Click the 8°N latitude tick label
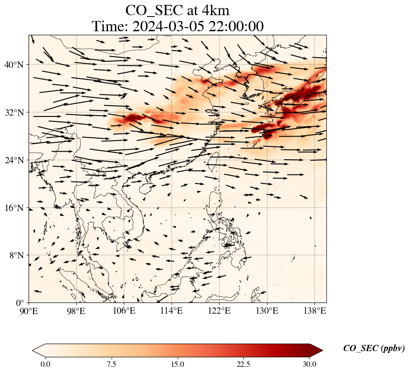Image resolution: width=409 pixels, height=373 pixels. pos(16,255)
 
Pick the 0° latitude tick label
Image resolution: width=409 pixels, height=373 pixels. pos(20,303)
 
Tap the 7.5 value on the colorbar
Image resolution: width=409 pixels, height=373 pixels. pos(111,364)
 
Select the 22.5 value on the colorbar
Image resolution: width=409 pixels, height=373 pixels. pos(243,364)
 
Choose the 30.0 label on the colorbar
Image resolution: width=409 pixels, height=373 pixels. pos(309,364)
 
